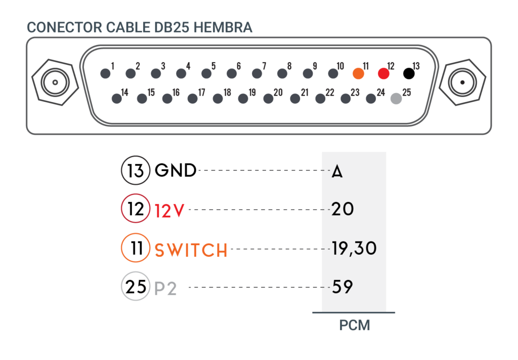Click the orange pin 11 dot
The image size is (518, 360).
pos(358,73)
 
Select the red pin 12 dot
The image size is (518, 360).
pos(383,73)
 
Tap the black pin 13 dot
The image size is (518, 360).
pos(409,73)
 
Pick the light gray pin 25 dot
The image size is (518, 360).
pos(396,99)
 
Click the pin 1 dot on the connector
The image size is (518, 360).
pos(105,73)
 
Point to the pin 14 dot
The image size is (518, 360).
pos(117,99)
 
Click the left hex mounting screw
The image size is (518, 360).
pos(55,83)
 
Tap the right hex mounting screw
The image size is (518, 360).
pos(462,83)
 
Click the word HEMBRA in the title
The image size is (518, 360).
pos(223,27)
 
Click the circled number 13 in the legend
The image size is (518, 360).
pos(136,170)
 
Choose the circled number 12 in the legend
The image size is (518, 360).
pos(136,208)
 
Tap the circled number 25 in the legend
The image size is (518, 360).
pos(136,286)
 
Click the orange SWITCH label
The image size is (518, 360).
pos(191,250)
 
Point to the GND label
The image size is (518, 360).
pos(176,171)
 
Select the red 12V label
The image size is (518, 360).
pos(169,211)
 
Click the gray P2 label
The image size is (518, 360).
pos(165,288)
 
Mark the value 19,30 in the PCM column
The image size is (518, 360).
pos(354,249)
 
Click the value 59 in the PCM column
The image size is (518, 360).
pos(342,287)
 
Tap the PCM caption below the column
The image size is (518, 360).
pos(355,325)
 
